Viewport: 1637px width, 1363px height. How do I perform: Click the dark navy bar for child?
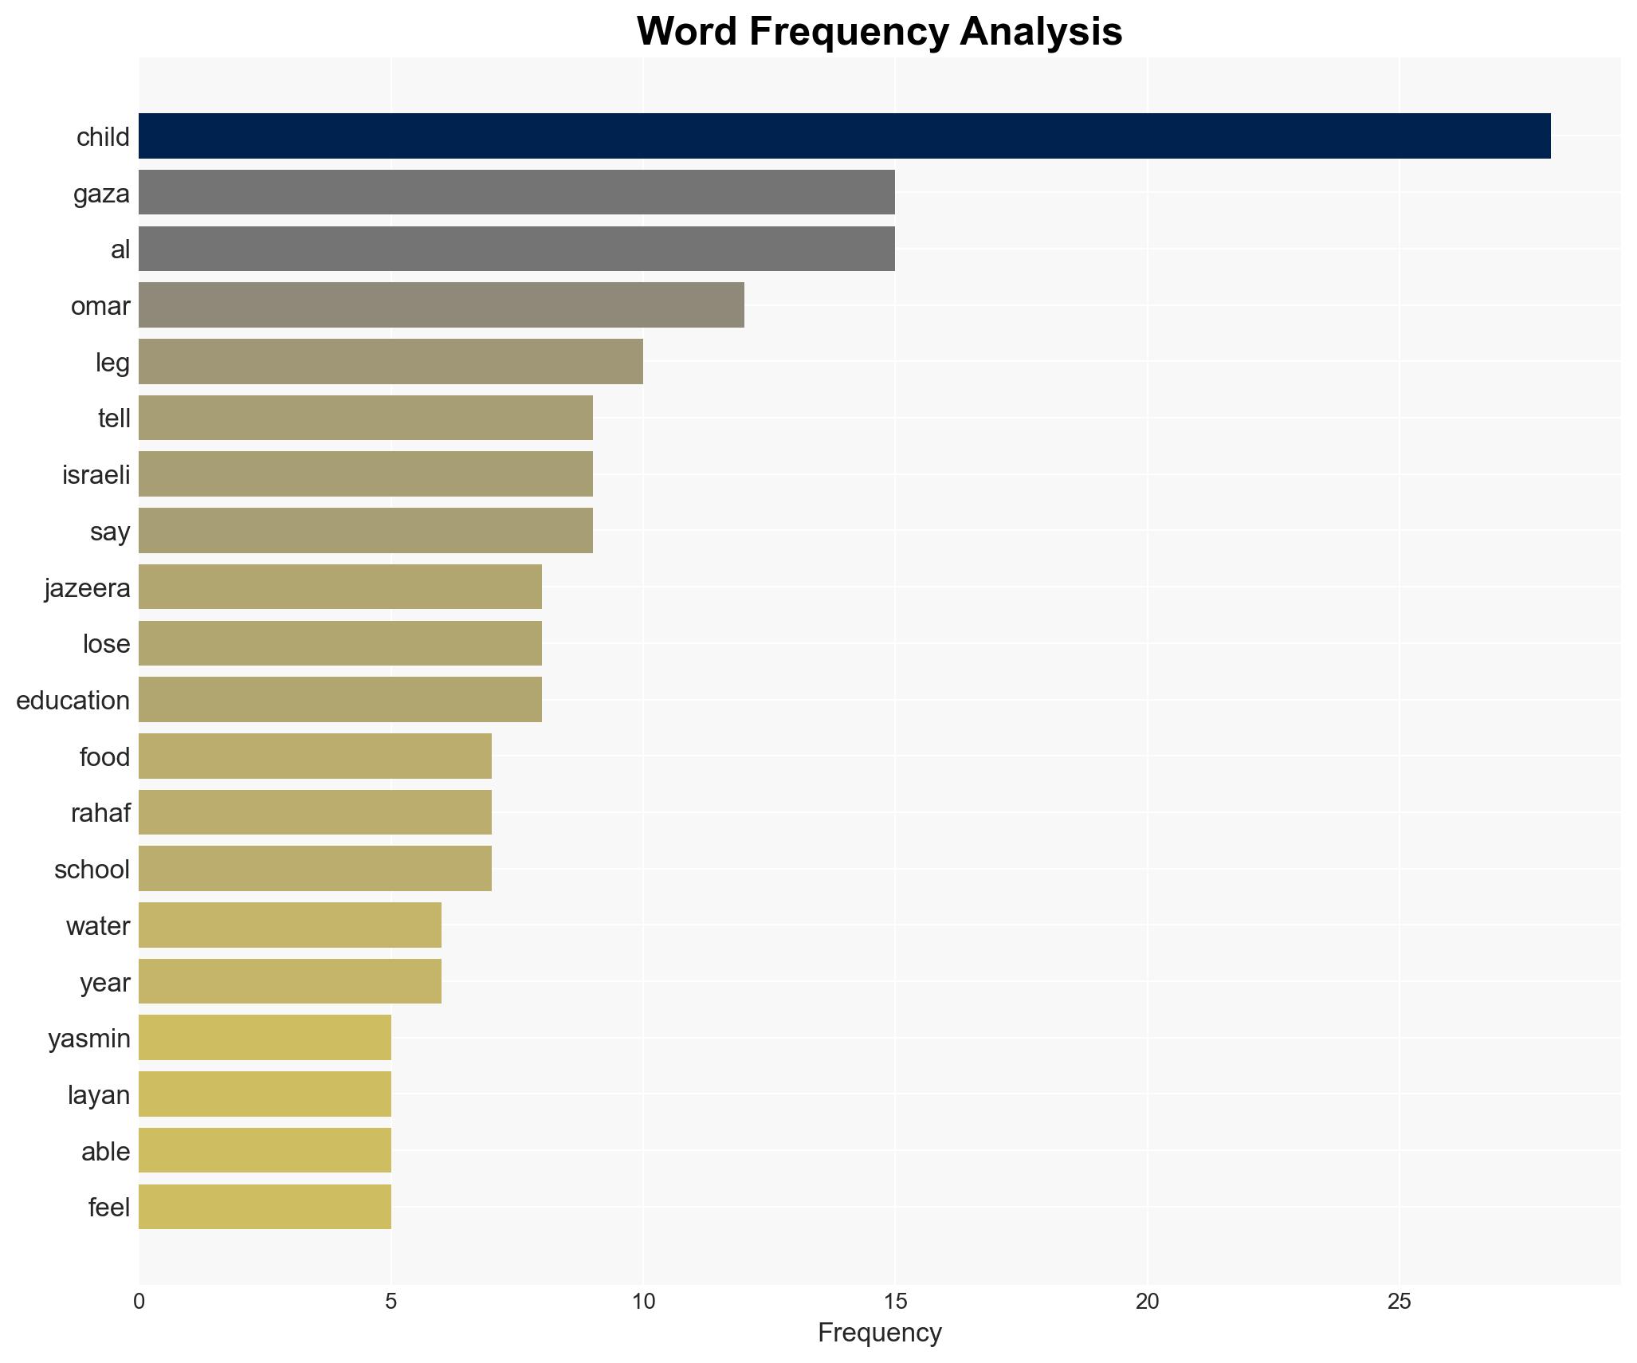pyautogui.click(x=844, y=136)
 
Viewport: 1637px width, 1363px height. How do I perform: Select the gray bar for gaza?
pyautogui.click(x=516, y=192)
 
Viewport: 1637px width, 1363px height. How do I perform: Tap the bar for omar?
pyautogui.click(x=441, y=305)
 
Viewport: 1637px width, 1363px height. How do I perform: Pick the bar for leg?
pyautogui.click(x=391, y=362)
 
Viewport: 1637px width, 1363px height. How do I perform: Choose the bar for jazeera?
pyautogui.click(x=340, y=587)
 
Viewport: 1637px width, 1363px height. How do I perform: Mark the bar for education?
pyautogui.click(x=340, y=700)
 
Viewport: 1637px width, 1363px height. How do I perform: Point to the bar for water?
pyautogui.click(x=290, y=925)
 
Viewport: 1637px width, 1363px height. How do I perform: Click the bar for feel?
pyautogui.click(x=265, y=1207)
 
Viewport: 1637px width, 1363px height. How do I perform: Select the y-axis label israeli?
pyautogui.click(x=96, y=475)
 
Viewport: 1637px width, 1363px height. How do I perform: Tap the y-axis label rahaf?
pyautogui.click(x=100, y=813)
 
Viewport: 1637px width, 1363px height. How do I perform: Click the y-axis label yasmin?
pyautogui.click(x=89, y=1039)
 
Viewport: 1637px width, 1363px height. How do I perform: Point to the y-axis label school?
pyautogui.click(x=92, y=870)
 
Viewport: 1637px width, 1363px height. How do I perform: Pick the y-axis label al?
pyautogui.click(x=120, y=249)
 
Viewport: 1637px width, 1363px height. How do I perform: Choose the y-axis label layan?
pyautogui.click(x=99, y=1095)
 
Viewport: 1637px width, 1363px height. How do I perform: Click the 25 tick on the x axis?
pyautogui.click(x=1399, y=1302)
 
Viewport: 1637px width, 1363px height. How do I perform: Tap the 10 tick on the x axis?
pyautogui.click(x=642, y=1302)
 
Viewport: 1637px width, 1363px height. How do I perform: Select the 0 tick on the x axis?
pyautogui.click(x=139, y=1302)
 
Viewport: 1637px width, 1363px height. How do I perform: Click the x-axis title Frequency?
pyautogui.click(x=879, y=1333)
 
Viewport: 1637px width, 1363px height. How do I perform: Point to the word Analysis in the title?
pyautogui.click(x=1041, y=32)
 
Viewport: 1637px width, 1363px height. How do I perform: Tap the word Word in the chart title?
pyautogui.click(x=686, y=32)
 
